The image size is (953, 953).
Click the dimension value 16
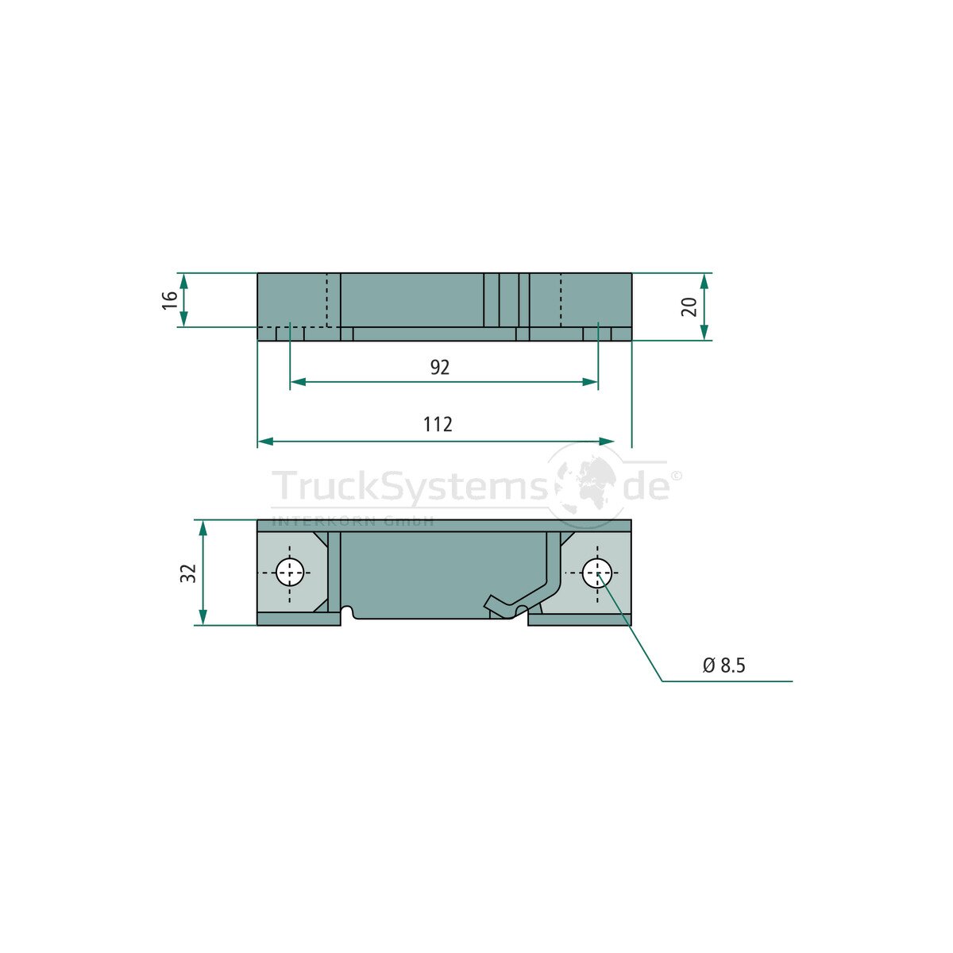(x=170, y=299)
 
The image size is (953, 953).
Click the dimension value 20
(x=689, y=307)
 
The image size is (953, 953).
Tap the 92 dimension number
(x=440, y=368)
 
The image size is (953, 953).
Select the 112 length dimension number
(x=438, y=424)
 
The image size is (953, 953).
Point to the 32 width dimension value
(x=188, y=573)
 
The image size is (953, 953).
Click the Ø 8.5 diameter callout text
(x=723, y=666)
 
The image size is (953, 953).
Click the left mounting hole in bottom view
(x=290, y=572)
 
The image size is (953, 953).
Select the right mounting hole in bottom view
(x=597, y=573)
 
